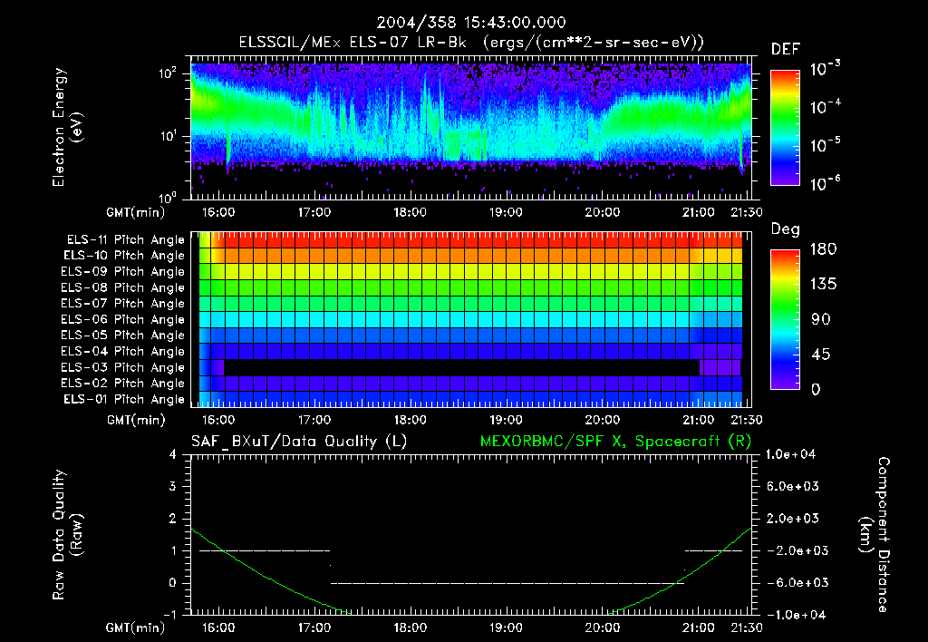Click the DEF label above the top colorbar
pos(784,49)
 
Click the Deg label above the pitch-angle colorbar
pos(784,229)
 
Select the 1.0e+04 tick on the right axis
pos(793,454)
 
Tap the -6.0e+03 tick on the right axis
pos(793,582)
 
